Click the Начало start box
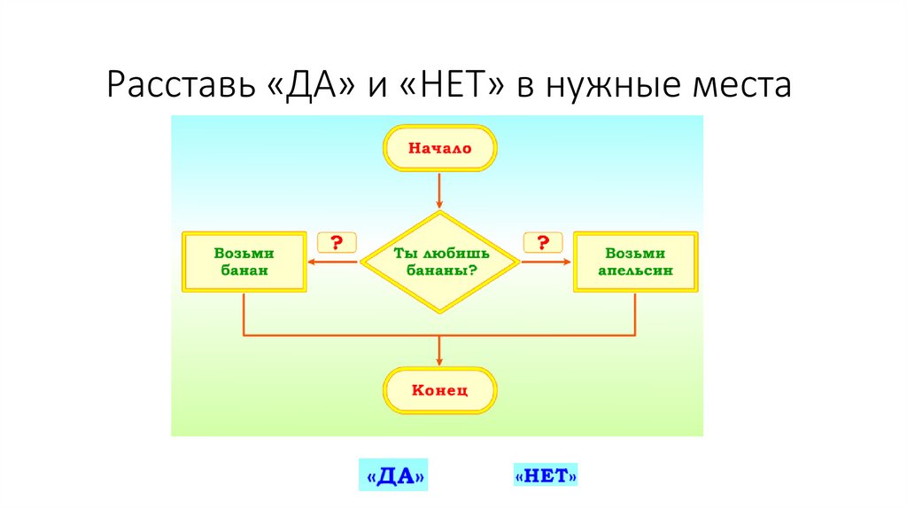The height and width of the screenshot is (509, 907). (x=439, y=148)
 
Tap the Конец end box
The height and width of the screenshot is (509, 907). (x=439, y=390)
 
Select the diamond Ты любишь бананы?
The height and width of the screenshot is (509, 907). (x=440, y=262)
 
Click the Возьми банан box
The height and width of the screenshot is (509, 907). (x=244, y=262)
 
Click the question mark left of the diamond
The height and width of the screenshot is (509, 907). (x=337, y=242)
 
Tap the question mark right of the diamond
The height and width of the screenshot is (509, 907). (x=544, y=242)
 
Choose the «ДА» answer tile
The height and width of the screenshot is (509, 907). (x=391, y=476)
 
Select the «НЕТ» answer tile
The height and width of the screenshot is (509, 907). (x=546, y=476)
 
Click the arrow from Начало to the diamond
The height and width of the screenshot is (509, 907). (x=439, y=191)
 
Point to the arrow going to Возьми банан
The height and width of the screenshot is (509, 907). (x=332, y=262)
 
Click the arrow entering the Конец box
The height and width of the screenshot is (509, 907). (x=439, y=352)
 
